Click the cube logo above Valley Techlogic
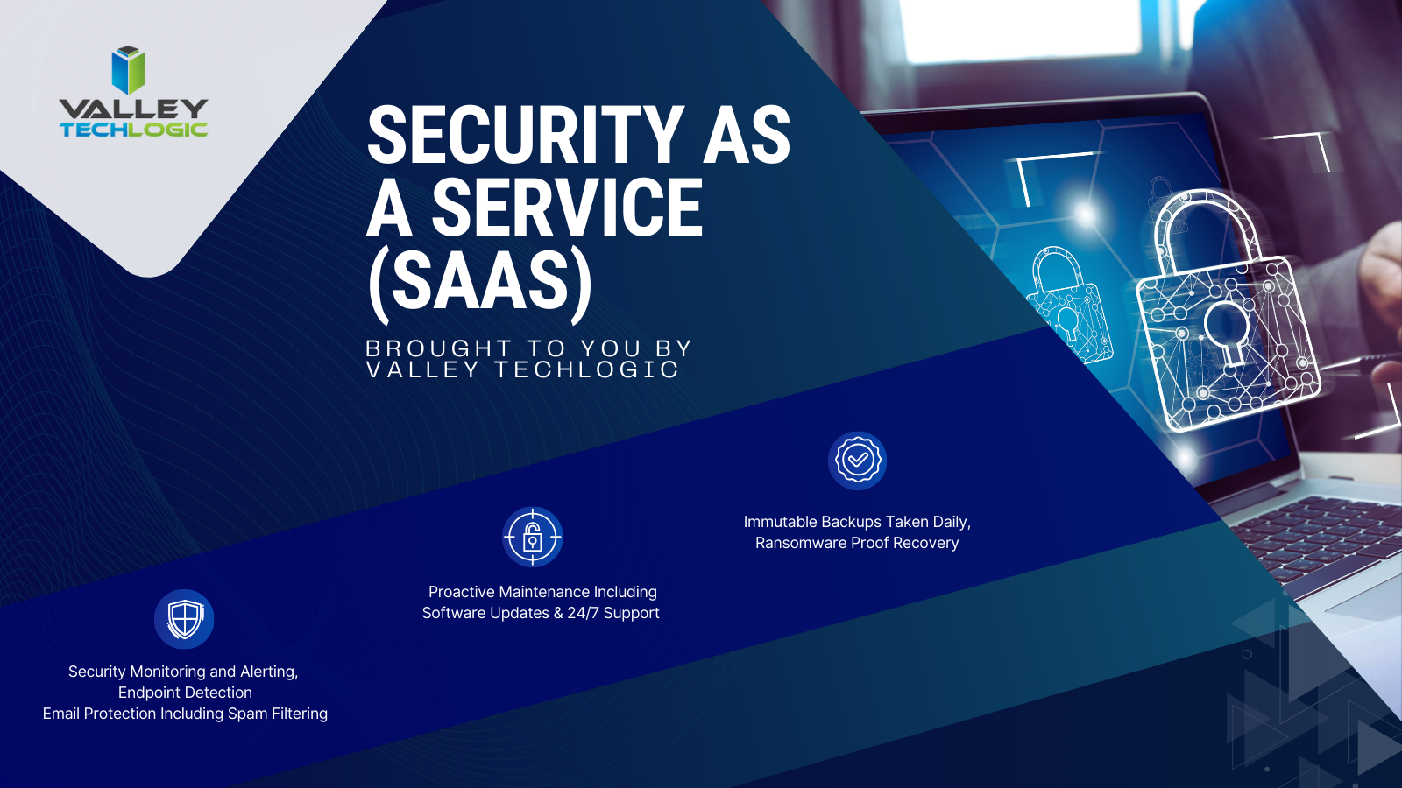tap(128, 70)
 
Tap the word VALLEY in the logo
tap(133, 109)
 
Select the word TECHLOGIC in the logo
tap(133, 130)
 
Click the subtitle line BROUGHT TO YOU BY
tap(528, 348)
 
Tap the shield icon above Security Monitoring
tap(184, 619)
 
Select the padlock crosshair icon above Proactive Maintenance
tap(532, 537)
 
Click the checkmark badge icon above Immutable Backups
tap(857, 461)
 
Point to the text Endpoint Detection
tap(185, 693)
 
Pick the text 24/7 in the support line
tap(583, 613)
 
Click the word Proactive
tap(461, 592)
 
